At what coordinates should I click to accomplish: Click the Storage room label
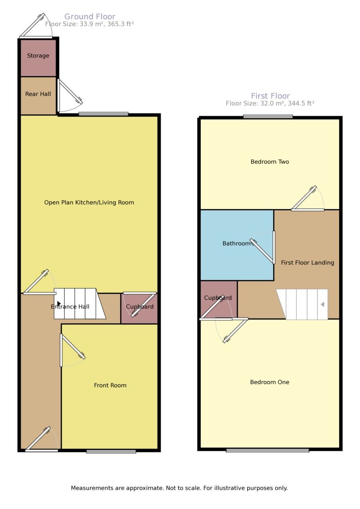coord(38,56)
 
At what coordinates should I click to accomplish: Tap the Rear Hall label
coord(38,94)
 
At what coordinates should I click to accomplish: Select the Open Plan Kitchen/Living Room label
coord(89,202)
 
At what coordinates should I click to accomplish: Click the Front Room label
coord(110,385)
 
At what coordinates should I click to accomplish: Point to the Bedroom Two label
coord(270,162)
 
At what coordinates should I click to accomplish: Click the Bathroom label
coord(237,243)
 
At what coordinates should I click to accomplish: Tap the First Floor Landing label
coord(307,262)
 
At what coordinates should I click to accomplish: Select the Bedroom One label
coord(269,382)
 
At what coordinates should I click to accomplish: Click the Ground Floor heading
coord(90,17)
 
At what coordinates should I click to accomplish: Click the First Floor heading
coord(270,96)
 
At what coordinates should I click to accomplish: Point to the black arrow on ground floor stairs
coord(59,303)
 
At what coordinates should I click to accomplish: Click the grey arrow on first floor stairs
coord(323,304)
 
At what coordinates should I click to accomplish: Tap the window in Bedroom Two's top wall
coord(268,116)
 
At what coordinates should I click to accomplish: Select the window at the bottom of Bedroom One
coord(268,450)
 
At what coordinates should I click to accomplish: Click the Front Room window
coord(111,451)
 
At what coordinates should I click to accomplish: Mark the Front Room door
coord(72,350)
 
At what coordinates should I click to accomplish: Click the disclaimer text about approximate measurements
coord(179,488)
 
